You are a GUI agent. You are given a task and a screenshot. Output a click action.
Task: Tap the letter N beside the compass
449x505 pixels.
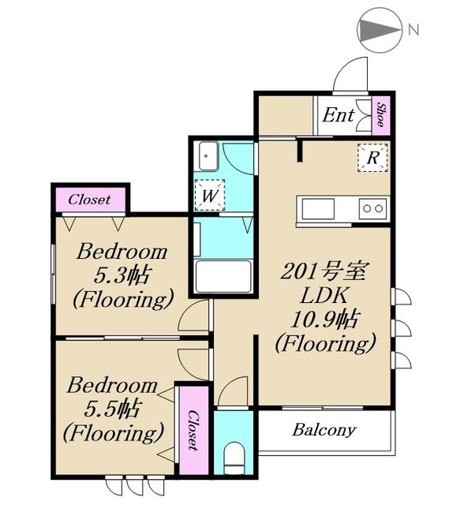pyautogui.click(x=413, y=31)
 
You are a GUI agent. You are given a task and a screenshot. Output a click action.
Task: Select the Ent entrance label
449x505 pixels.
pyautogui.click(x=338, y=115)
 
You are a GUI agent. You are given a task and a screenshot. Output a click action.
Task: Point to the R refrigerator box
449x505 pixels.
pyautogui.click(x=372, y=157)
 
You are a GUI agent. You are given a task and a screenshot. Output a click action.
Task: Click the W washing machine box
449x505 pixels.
pyautogui.click(x=209, y=194)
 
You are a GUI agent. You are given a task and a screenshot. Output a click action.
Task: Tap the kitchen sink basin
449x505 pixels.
pyautogui.click(x=317, y=208)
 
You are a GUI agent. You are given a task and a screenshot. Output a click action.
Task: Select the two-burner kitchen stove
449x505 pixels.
pyautogui.click(x=372, y=208)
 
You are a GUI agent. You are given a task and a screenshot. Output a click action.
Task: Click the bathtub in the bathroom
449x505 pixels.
pyautogui.click(x=223, y=277)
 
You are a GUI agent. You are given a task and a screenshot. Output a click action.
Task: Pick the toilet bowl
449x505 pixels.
pyautogui.click(x=233, y=457)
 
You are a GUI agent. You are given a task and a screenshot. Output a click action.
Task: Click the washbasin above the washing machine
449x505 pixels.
pyautogui.click(x=208, y=155)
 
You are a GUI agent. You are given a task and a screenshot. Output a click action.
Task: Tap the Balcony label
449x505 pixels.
pyautogui.click(x=324, y=431)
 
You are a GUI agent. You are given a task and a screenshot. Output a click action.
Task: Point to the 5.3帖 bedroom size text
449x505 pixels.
pyautogui.click(x=122, y=276)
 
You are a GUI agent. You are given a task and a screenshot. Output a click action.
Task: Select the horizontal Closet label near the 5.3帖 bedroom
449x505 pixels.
pyautogui.click(x=89, y=200)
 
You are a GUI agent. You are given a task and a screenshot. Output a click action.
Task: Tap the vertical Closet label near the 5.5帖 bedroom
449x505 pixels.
pyautogui.click(x=193, y=431)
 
